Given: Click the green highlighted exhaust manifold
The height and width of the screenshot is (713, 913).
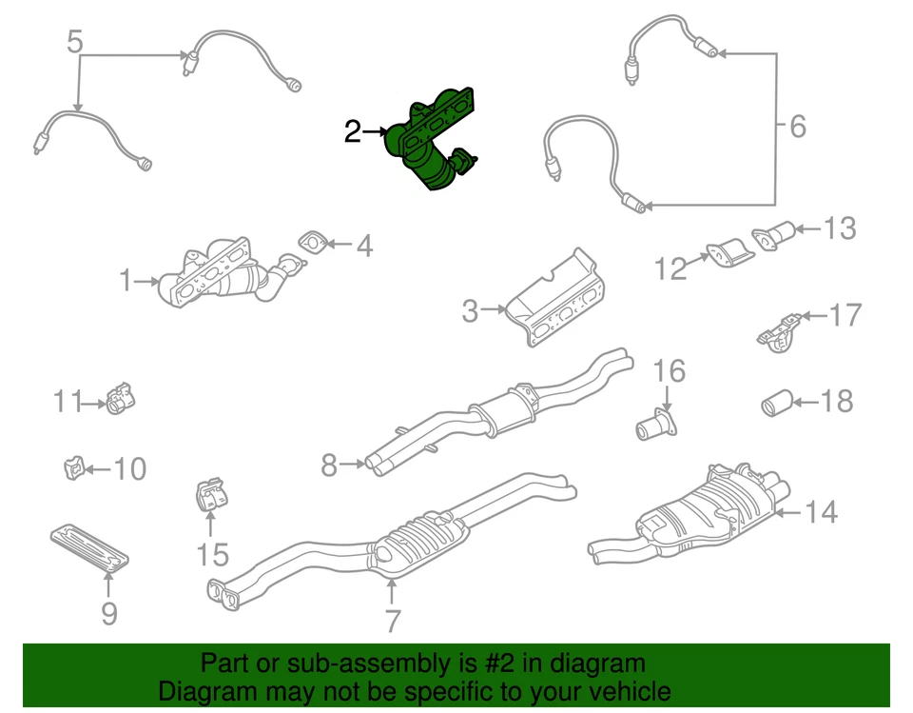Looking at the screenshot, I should click(433, 143).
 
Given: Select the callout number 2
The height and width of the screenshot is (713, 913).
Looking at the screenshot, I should click(352, 131).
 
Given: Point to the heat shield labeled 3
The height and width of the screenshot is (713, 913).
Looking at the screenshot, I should click(556, 300).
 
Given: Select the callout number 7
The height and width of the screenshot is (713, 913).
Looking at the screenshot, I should click(391, 621).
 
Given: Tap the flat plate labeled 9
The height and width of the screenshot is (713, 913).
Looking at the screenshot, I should click(87, 549).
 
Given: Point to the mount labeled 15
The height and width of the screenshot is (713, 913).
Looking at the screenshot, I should click(210, 496).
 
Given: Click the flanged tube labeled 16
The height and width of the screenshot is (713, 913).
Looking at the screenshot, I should click(653, 426).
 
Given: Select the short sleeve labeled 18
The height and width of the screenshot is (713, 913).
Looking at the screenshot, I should click(774, 404).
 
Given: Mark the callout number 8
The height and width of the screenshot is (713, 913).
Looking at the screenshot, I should click(329, 465).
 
